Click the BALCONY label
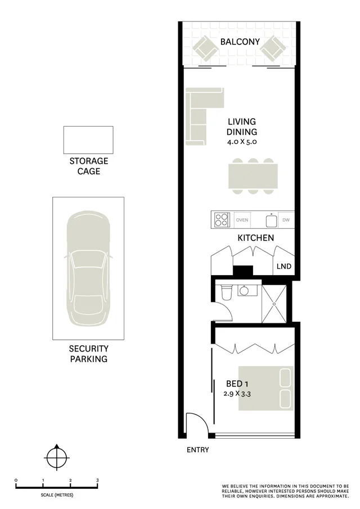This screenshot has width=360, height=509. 240,42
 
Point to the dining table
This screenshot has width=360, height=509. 253,176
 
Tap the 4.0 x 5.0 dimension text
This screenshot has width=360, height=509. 242,142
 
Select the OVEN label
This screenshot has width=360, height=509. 242,220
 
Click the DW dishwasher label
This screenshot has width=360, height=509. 286,220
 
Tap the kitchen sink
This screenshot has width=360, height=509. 271,220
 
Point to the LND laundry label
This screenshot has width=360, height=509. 284,266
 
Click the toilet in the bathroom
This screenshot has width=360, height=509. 227,292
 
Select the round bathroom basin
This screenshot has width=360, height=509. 245,290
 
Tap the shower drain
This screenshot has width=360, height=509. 274,304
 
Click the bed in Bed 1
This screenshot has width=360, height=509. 265,388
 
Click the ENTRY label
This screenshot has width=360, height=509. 197,449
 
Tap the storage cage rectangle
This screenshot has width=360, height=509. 88,139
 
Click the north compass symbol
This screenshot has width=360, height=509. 56,457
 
